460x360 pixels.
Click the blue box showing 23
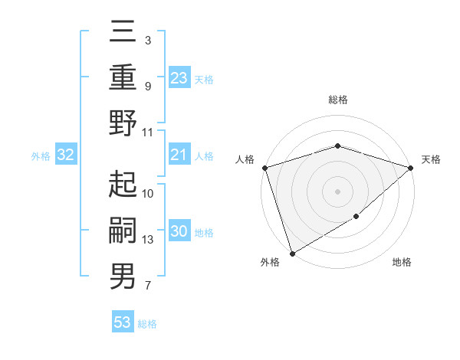[x=179, y=77]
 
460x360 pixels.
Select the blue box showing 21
[x=179, y=155]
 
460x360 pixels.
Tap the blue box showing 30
[x=179, y=232]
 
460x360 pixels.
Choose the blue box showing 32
[x=66, y=155]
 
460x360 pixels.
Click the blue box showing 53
[x=123, y=322]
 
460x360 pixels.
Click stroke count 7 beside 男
[x=147, y=286]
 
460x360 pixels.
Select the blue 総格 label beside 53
[x=147, y=324]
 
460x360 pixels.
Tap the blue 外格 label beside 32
[x=41, y=156]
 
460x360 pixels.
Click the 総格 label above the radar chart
[x=337, y=100]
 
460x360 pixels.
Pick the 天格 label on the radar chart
[x=431, y=159]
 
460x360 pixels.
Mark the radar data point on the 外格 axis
[x=292, y=253]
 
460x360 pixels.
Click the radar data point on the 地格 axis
[x=356, y=217]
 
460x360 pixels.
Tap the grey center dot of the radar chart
[x=337, y=191]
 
